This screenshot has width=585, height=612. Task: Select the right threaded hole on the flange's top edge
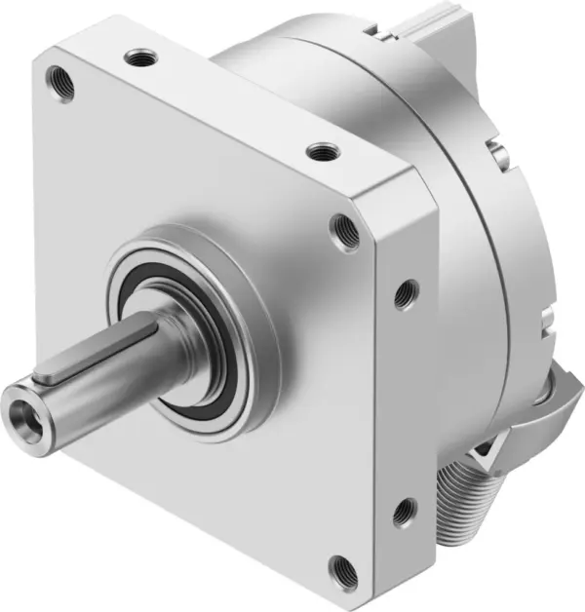[x=320, y=152]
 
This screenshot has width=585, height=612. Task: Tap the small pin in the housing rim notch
[x=497, y=150]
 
